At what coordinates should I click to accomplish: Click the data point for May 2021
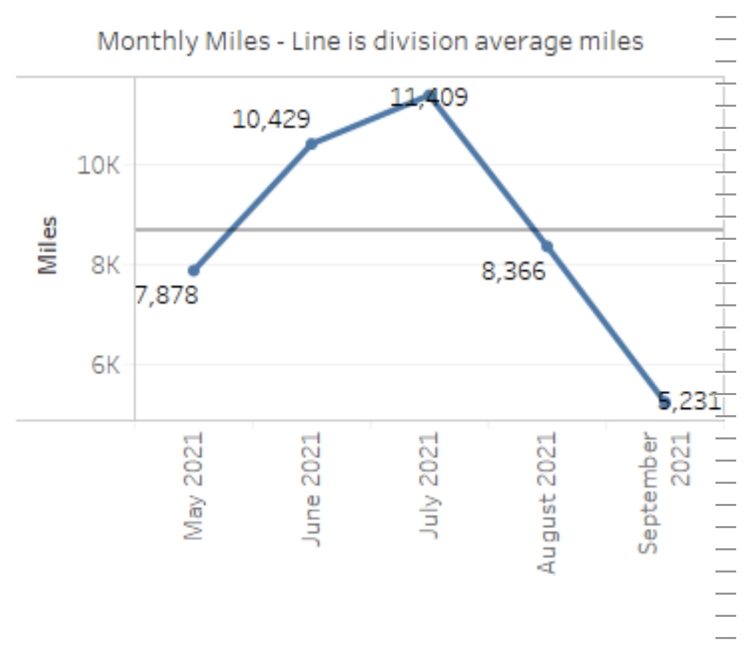[x=194, y=270]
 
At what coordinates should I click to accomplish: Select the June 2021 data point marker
[x=312, y=143]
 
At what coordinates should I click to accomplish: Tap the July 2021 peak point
[x=429, y=96]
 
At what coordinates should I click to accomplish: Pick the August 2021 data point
[x=547, y=246]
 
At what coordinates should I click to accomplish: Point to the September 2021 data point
[x=664, y=401]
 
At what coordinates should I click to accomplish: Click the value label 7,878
[x=166, y=296]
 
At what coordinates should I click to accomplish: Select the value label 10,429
[x=271, y=120]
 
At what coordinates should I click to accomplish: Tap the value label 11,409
[x=429, y=97]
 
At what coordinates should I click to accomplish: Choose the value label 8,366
[x=513, y=271]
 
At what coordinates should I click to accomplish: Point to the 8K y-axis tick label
[x=105, y=265]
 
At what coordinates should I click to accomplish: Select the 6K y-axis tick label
[x=105, y=365]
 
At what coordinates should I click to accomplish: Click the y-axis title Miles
[x=47, y=245]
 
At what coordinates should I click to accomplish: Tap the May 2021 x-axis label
[x=194, y=487]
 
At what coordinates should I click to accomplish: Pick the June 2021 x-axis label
[x=312, y=489]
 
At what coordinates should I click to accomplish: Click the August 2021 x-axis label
[x=547, y=504]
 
